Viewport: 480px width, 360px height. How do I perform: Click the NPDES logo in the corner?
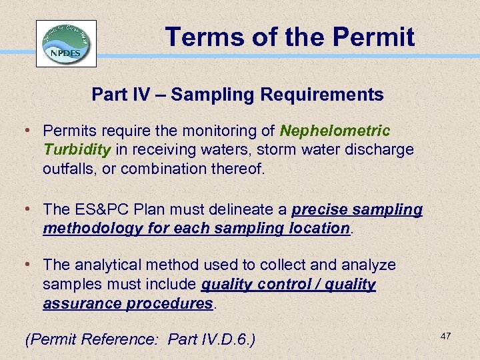[66, 43]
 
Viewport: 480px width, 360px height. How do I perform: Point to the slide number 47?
[445, 337]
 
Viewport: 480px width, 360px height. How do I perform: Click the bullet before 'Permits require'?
[32, 131]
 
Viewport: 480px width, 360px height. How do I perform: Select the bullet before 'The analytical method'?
[32, 265]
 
